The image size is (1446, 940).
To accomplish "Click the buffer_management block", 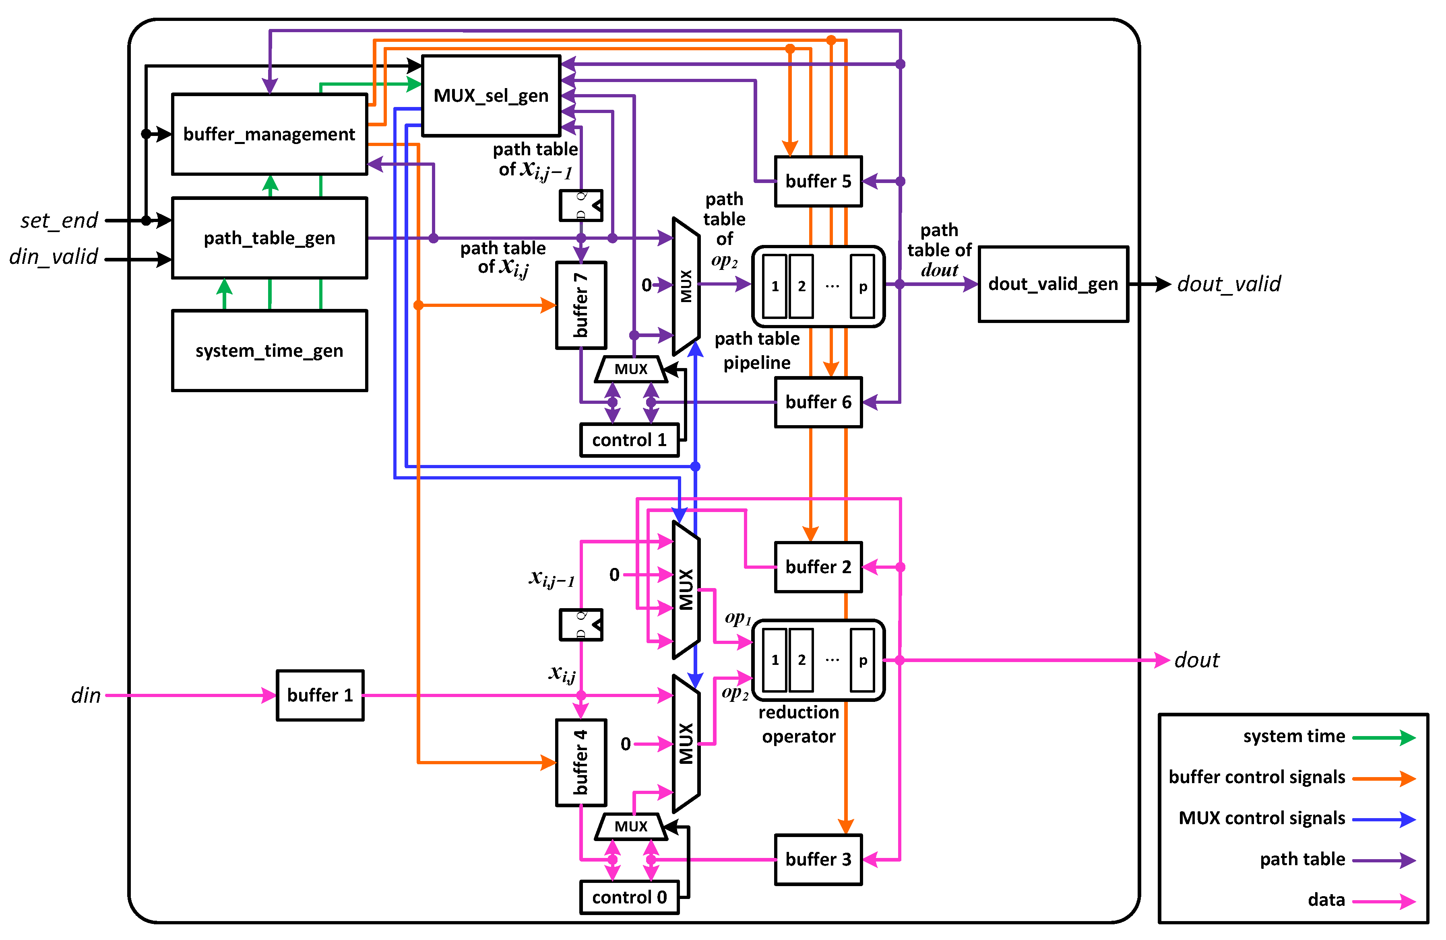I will [x=269, y=134].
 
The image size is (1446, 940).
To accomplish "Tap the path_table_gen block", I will [x=269, y=238].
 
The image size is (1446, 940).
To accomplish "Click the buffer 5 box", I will [x=818, y=181].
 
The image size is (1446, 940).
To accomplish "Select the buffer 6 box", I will [x=818, y=402].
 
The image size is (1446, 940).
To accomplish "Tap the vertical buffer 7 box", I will [x=581, y=305].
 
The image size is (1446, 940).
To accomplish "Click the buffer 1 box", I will [x=320, y=695].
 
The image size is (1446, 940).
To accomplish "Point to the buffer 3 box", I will [x=818, y=859].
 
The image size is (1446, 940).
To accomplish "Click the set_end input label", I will [x=59, y=220].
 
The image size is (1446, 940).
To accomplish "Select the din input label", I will [x=86, y=695].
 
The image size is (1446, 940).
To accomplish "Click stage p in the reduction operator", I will [x=862, y=660].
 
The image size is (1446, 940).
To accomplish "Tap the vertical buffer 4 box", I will [x=581, y=763].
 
